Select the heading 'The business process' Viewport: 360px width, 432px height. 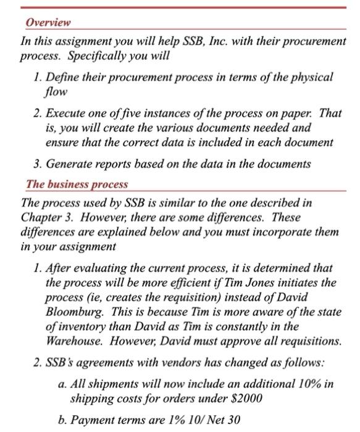(77, 185)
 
